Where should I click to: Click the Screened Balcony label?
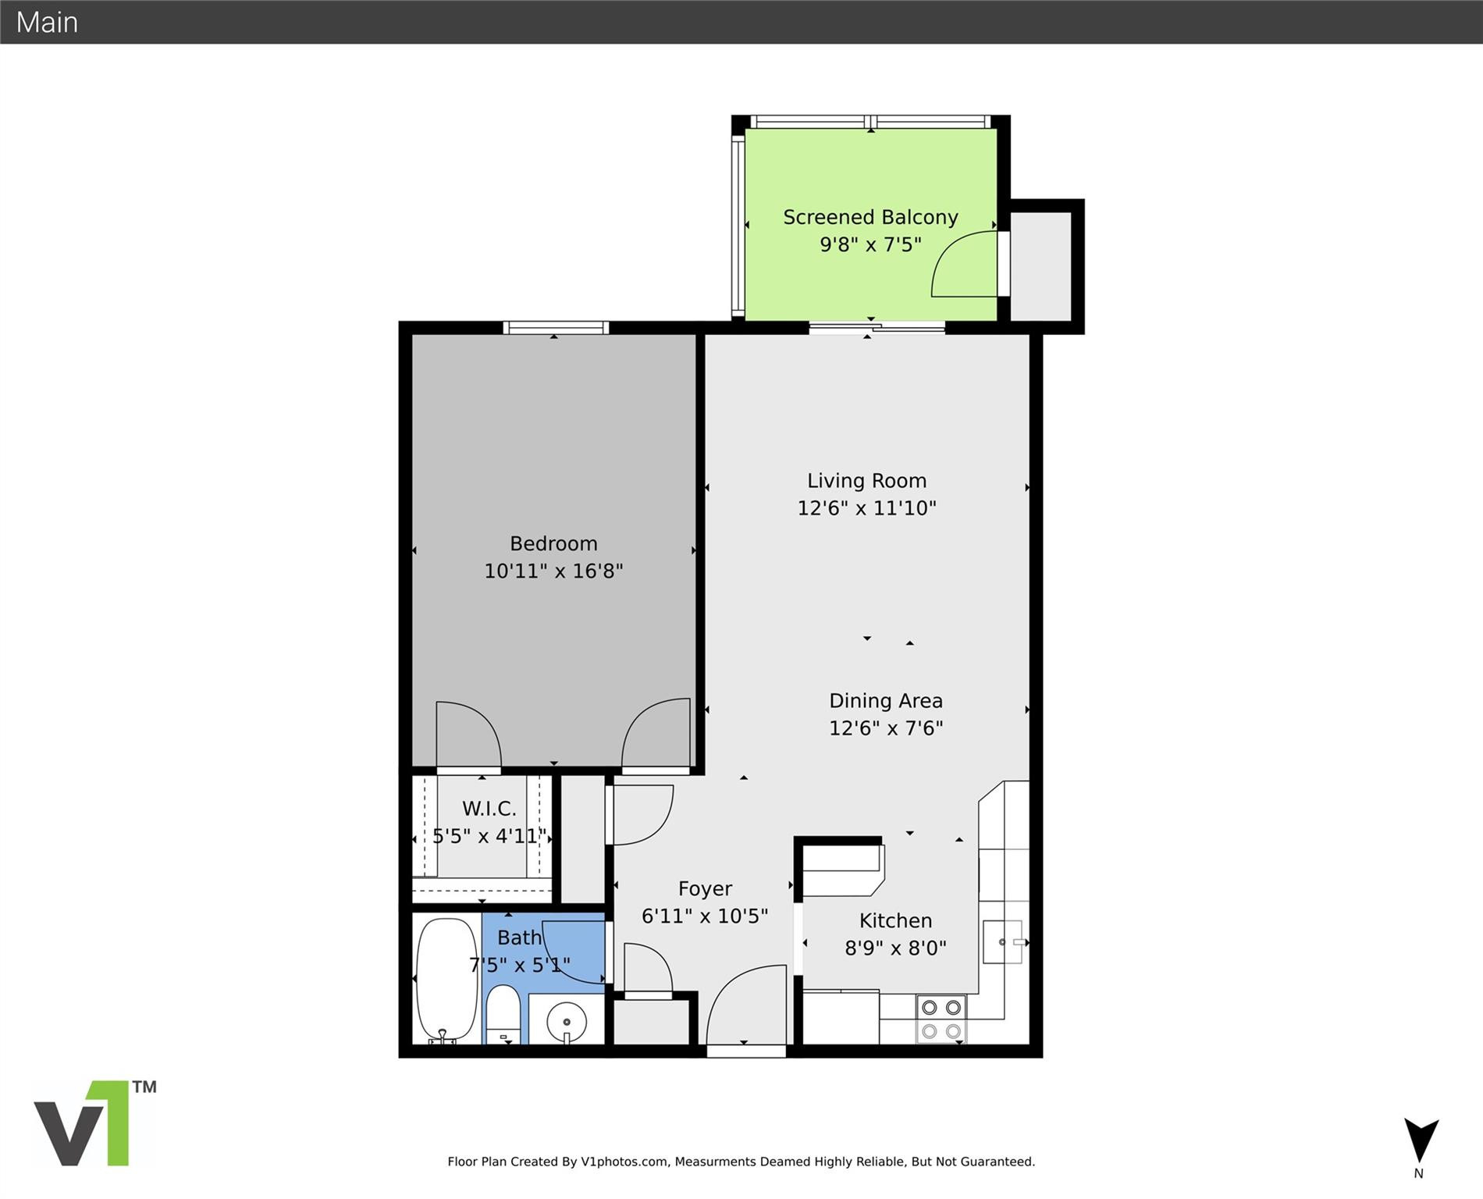pyautogui.click(x=870, y=217)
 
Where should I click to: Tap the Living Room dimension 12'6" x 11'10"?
pyautogui.click(x=866, y=508)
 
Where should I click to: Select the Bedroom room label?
pyautogui.click(x=553, y=543)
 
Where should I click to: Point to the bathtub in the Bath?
pyautogui.click(x=446, y=979)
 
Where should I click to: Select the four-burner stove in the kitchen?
pyautogui.click(x=941, y=1019)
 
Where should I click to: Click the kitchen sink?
pyautogui.click(x=1002, y=942)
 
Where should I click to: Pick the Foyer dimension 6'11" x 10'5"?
pyautogui.click(x=704, y=916)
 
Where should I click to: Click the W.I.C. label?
pyautogui.click(x=489, y=808)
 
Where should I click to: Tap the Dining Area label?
pyautogui.click(x=885, y=701)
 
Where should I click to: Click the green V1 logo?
pyautogui.click(x=94, y=1124)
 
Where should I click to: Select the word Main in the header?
pyautogui.click(x=47, y=22)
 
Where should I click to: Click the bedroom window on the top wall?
pyautogui.click(x=555, y=328)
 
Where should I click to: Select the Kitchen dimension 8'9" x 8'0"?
pyautogui.click(x=895, y=948)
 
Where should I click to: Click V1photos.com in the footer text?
pyautogui.click(x=624, y=1162)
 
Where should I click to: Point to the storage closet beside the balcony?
pyautogui.click(x=1041, y=265)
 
